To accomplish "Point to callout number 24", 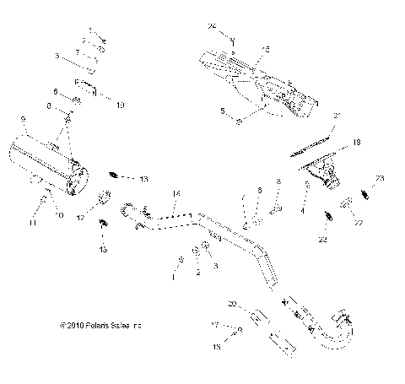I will point(212,28).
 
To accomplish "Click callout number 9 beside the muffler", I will point(23,122).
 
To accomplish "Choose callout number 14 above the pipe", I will point(175,193).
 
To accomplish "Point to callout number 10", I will point(119,105).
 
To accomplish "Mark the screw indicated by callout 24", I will point(232,41).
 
